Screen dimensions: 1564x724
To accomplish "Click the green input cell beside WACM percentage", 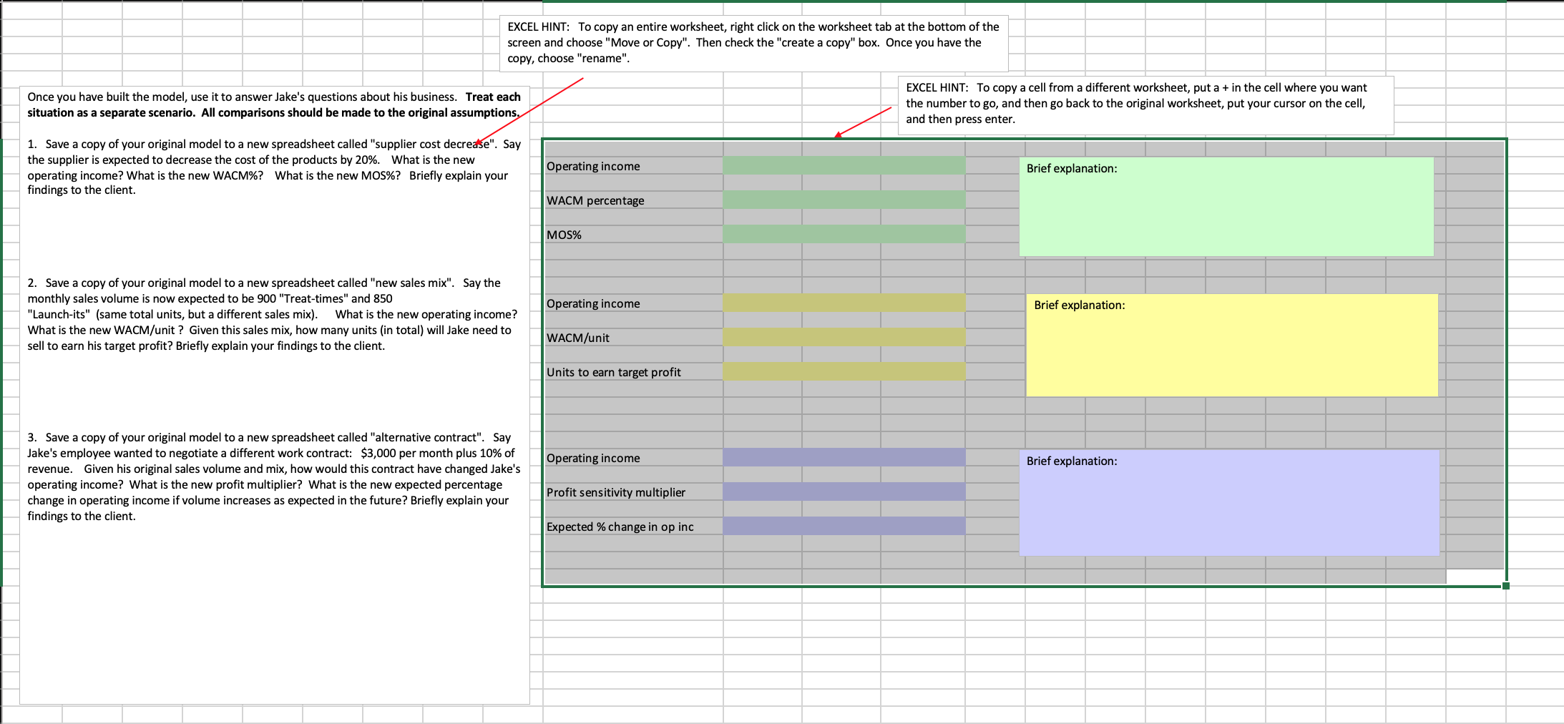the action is pos(844,200).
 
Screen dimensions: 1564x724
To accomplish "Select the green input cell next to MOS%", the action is pos(844,235).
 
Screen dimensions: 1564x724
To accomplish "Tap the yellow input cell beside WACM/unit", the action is pos(844,338).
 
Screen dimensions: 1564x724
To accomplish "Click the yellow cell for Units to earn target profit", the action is pos(844,372).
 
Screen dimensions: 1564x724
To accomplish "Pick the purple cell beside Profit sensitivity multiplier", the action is pos(844,492).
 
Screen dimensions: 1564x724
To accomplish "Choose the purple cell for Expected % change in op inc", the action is pos(844,527).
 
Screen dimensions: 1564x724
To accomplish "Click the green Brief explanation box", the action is pos(1226,207).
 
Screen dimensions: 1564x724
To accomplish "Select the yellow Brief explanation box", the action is pos(1231,346).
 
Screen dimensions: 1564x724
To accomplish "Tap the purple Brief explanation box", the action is pos(1228,504).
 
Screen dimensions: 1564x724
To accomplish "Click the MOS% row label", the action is pos(564,235).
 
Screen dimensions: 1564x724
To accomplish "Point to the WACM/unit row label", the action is pos(578,338).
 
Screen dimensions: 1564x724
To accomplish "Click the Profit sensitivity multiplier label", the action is pos(615,493).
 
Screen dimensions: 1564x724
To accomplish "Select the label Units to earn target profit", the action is pos(613,373).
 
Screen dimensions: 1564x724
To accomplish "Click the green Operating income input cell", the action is pos(844,166).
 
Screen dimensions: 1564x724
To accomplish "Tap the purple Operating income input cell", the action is pos(844,458).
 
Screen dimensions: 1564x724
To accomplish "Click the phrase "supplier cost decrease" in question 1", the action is pos(434,145).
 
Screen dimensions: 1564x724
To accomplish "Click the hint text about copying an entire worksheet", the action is pos(753,43).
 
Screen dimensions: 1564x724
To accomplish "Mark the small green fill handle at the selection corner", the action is pos(1506,586).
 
